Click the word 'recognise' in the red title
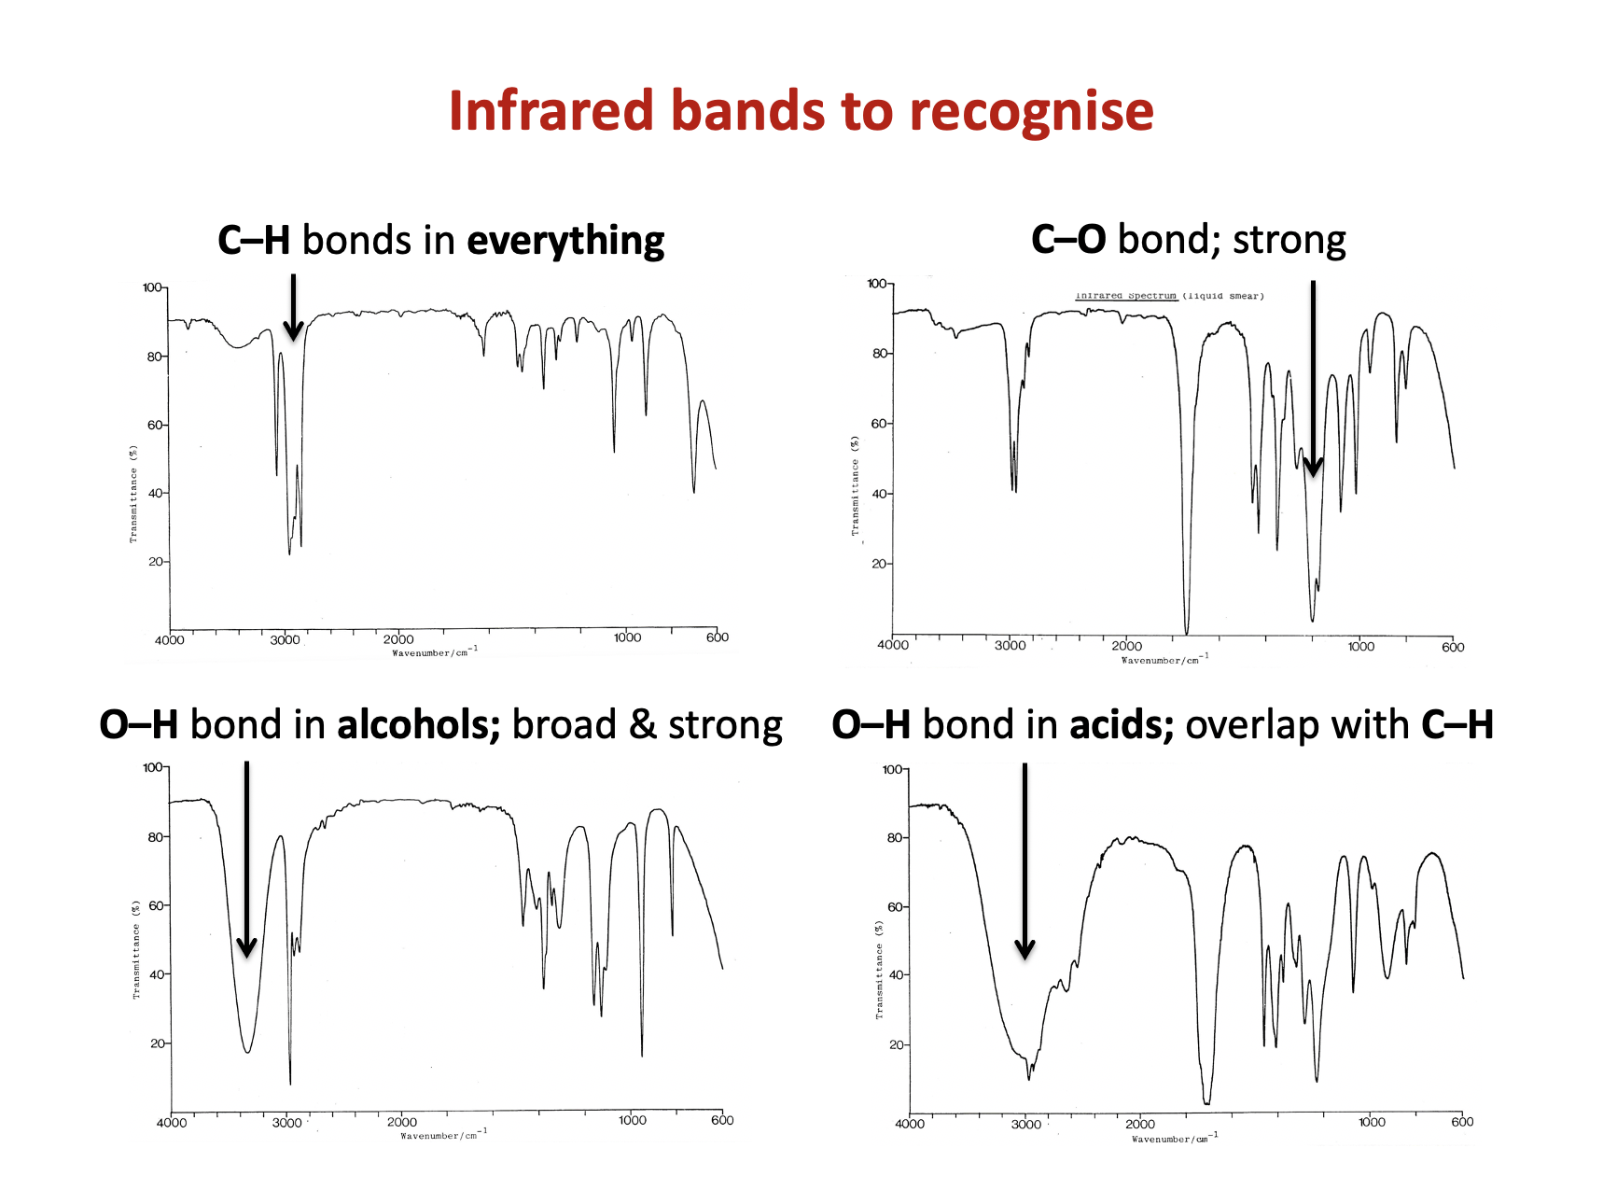(x=1031, y=112)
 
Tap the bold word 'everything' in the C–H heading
(x=565, y=242)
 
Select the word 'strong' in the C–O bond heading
(x=1289, y=241)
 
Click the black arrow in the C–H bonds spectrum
(x=293, y=307)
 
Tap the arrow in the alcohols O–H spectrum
(x=246, y=859)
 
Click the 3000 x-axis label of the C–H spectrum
(x=285, y=640)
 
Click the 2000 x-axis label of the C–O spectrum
(x=1126, y=646)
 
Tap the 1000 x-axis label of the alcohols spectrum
(x=632, y=1120)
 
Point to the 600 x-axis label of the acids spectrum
(x=1461, y=1122)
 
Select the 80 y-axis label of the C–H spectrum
(x=154, y=357)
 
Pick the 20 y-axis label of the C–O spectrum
(x=879, y=564)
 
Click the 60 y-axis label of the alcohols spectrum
(x=155, y=905)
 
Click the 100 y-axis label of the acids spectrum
(x=892, y=770)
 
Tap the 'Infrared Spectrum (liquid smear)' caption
(x=1169, y=296)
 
